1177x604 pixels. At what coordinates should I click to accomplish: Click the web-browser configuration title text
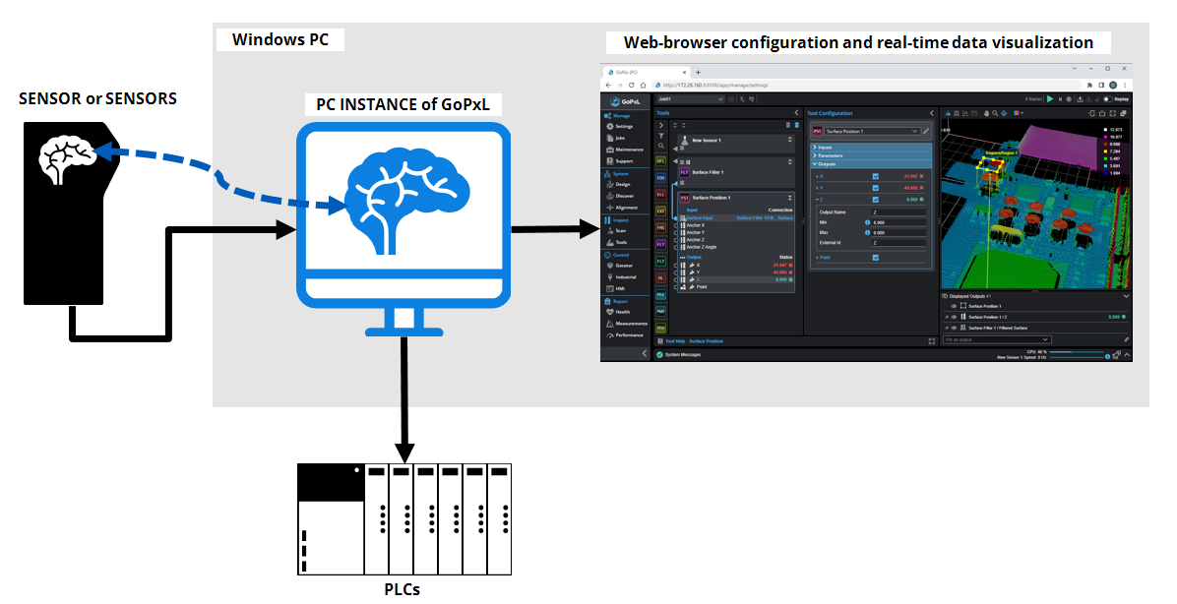click(858, 43)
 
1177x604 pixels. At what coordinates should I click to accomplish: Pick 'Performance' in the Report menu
click(630, 334)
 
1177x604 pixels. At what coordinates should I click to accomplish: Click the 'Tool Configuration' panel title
click(830, 113)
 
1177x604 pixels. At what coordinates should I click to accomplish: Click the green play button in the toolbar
click(1050, 99)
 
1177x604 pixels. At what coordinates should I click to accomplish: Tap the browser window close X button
click(1124, 69)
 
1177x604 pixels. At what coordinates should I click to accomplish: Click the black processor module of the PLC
click(331, 481)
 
